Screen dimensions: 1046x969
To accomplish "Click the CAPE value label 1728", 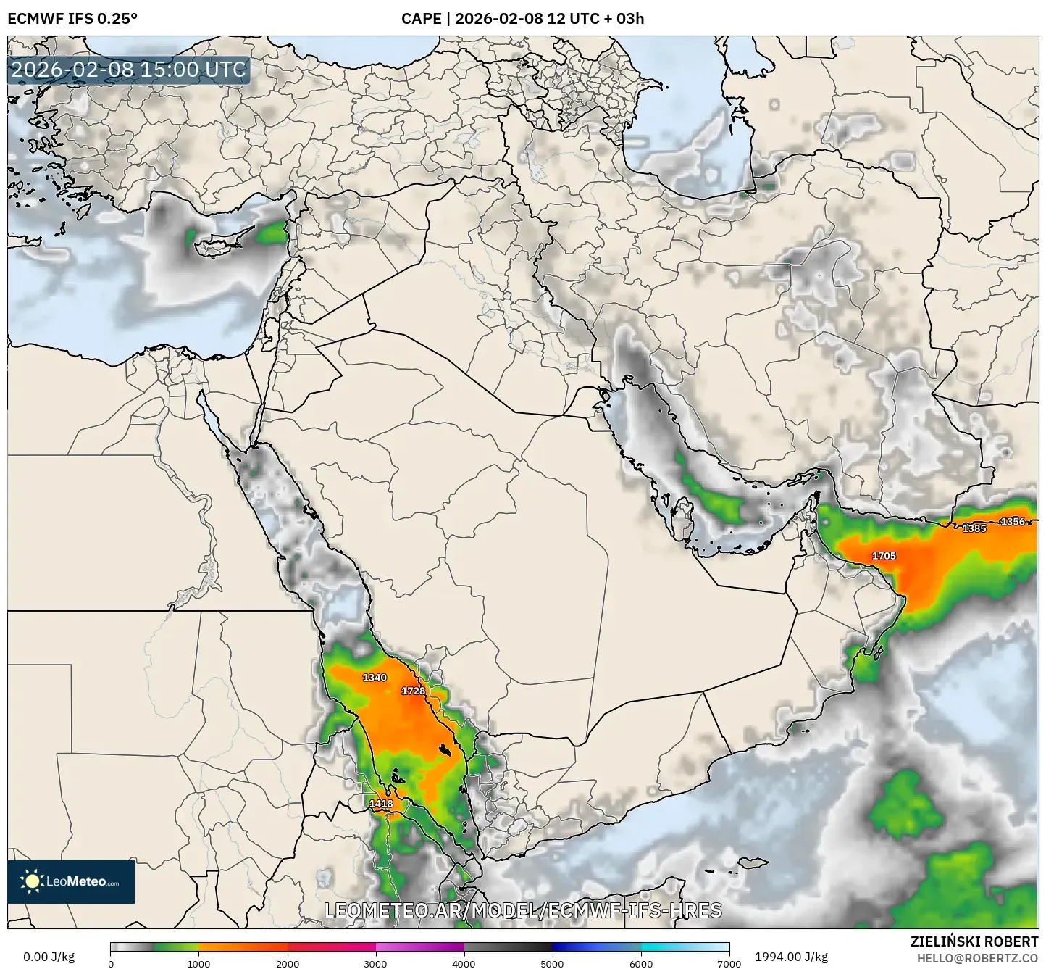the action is click(x=414, y=691).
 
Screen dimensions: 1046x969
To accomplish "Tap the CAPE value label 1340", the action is click(x=375, y=678).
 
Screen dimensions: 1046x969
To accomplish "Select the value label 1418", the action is click(x=381, y=804).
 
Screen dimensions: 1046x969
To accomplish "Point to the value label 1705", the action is click(x=884, y=556).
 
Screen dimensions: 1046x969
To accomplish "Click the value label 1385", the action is click(x=974, y=528).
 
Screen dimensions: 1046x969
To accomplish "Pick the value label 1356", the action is click(x=1013, y=521).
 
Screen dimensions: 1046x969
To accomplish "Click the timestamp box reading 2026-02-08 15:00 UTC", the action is click(x=129, y=70).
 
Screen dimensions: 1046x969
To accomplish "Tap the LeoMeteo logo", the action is click(x=71, y=882).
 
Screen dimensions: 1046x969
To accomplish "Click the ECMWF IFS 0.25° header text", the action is click(x=72, y=19).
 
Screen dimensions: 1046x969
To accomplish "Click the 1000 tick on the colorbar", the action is click(x=198, y=963).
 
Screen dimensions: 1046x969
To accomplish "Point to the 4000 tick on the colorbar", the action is click(x=464, y=963).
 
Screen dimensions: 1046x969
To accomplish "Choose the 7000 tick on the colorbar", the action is click(x=729, y=963).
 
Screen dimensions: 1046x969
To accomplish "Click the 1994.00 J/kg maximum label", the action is click(x=791, y=957).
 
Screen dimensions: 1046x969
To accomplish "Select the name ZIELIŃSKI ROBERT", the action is click(x=974, y=941).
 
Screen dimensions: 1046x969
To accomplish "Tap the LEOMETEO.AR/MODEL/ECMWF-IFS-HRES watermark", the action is click(x=522, y=910).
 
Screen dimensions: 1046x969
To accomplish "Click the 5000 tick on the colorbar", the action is click(x=552, y=963).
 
